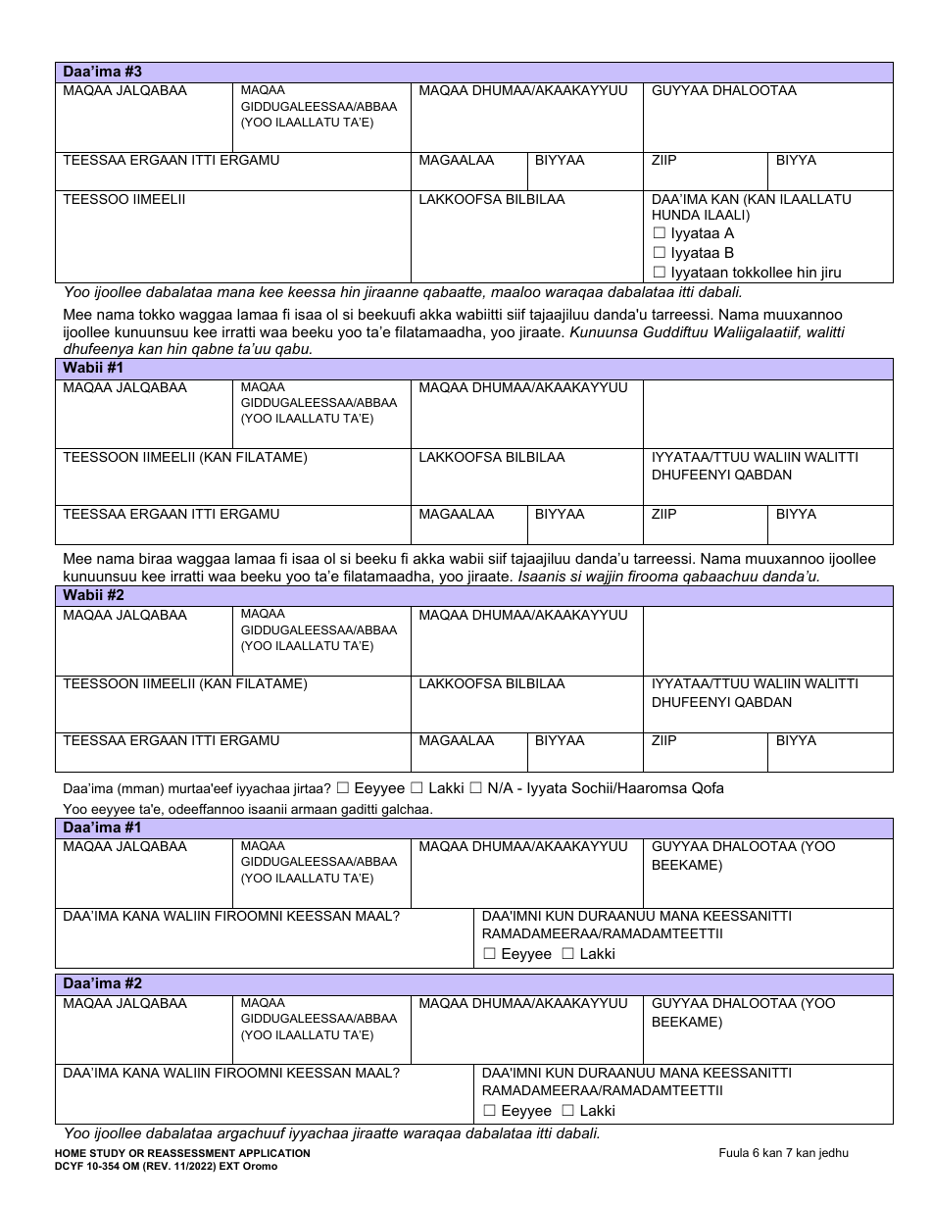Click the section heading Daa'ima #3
[x=103, y=72]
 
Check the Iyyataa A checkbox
[x=660, y=233]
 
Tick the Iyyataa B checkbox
[x=660, y=253]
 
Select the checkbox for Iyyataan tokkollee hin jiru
[x=660, y=273]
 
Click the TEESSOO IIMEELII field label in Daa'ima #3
[x=124, y=199]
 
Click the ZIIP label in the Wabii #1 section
[x=664, y=514]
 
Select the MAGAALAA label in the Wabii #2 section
[x=457, y=740]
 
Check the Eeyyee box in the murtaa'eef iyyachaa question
[x=342, y=788]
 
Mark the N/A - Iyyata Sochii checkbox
[x=476, y=788]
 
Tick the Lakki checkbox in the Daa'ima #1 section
[x=567, y=954]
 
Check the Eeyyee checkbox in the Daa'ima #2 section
[x=490, y=1111]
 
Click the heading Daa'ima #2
[x=103, y=983]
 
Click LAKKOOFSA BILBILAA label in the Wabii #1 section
[x=492, y=457]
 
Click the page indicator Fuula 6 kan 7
[x=783, y=1153]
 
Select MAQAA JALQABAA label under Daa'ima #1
[x=124, y=846]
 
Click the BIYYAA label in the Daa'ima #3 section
[x=560, y=160]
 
